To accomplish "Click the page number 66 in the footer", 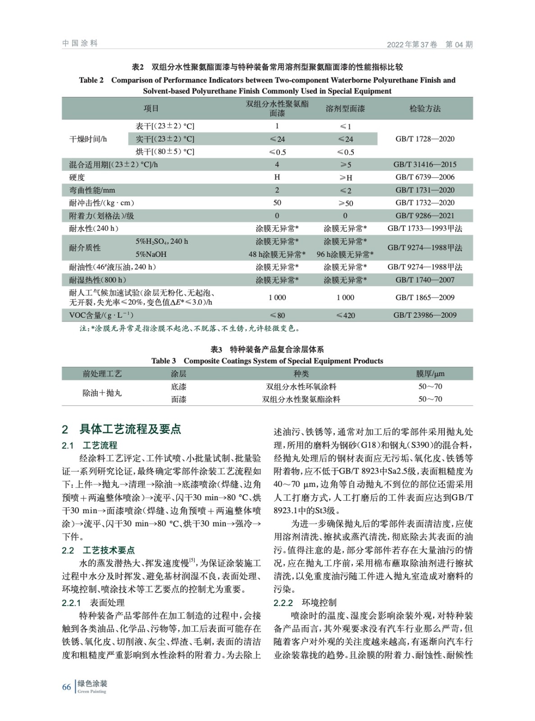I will tap(66, 687).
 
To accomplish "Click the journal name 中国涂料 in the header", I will tap(80, 43).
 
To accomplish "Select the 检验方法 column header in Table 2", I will tap(425, 109).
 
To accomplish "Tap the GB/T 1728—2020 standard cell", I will tap(425, 139).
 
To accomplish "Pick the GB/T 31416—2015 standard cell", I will tap(425, 164).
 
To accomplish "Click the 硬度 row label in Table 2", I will tap(77, 177).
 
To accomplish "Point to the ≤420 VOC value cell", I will tap(345, 315).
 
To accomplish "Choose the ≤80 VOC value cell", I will tap(277, 315).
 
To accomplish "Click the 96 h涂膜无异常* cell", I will tap(345, 254).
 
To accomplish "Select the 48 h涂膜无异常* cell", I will tap(277, 254).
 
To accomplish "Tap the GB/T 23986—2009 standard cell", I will tap(425, 315).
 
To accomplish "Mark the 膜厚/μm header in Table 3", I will tap(430, 374).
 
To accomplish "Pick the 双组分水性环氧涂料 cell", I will tap(301, 387).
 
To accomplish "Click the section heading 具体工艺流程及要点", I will tap(130, 429).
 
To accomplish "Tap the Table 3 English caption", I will tap(267, 361).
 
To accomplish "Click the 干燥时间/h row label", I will tap(88, 139).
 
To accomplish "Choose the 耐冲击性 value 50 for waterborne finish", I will tap(277, 203).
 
